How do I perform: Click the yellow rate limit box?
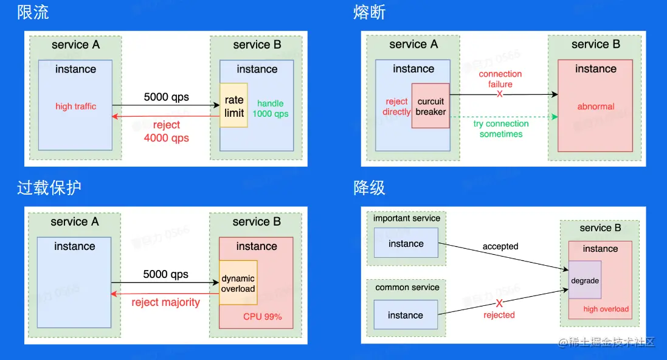(233, 106)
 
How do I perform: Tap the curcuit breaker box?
(430, 106)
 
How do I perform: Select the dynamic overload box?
(238, 283)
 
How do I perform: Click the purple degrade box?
(585, 280)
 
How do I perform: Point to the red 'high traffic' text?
(76, 106)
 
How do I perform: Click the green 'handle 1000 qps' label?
(271, 108)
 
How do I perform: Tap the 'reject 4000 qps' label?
(167, 131)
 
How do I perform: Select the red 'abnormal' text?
(595, 106)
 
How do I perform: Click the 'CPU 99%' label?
(263, 317)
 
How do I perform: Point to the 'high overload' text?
(606, 309)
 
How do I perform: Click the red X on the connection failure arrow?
(499, 94)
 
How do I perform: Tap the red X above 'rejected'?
(499, 303)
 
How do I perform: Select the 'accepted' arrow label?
(500, 246)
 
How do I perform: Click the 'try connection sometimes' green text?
(501, 128)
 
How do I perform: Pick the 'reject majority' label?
(165, 302)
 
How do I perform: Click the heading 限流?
(33, 12)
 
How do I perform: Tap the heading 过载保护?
(49, 187)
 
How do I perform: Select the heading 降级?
(369, 187)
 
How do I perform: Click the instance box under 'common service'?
(406, 314)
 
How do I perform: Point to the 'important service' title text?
(407, 218)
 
